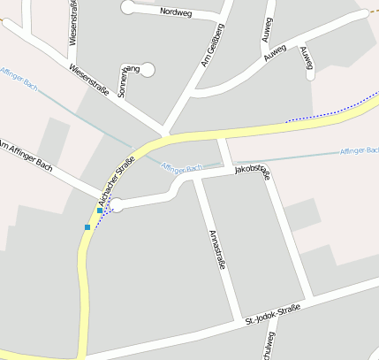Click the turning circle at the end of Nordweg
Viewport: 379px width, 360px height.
click(x=129, y=7)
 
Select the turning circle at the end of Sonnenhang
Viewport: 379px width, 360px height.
click(x=147, y=69)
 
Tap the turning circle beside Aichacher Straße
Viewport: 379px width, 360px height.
click(x=116, y=204)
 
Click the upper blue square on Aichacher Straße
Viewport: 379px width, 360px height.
click(x=100, y=211)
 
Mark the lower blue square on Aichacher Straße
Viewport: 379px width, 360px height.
click(x=87, y=227)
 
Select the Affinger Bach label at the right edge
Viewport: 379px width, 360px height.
click(x=359, y=151)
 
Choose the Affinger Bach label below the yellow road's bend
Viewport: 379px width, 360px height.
click(x=182, y=167)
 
